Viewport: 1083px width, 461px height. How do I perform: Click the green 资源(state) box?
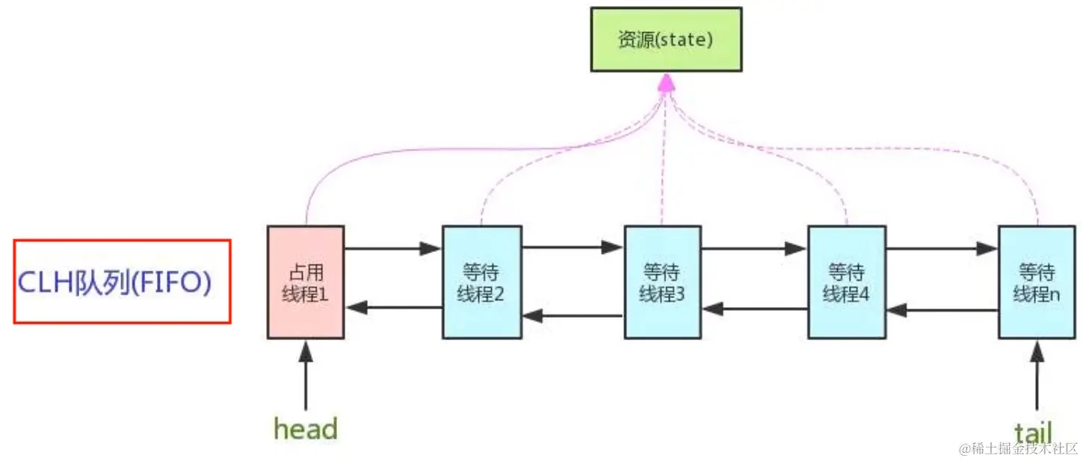click(666, 40)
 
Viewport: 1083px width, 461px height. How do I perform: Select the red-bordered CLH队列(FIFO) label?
click(122, 282)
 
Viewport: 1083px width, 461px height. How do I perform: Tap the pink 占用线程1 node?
click(306, 282)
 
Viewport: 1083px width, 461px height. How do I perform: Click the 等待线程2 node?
click(481, 282)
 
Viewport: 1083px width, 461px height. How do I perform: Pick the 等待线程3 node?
click(662, 282)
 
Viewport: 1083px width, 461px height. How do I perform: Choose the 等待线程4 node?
click(846, 282)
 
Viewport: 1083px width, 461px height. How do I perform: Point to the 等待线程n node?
click(1037, 282)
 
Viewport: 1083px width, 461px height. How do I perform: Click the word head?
click(306, 429)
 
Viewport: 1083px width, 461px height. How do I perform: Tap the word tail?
click(1033, 431)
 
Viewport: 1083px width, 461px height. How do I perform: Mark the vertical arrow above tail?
click(1037, 377)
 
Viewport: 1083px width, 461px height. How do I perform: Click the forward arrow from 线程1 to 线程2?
click(392, 248)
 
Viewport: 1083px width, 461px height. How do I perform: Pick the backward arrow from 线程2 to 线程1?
click(394, 307)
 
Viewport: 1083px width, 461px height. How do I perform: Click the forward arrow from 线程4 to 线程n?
click(941, 248)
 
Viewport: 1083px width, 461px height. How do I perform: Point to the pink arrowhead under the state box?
click(666, 84)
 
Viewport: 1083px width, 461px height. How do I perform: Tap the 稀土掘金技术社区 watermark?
click(1018, 448)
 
